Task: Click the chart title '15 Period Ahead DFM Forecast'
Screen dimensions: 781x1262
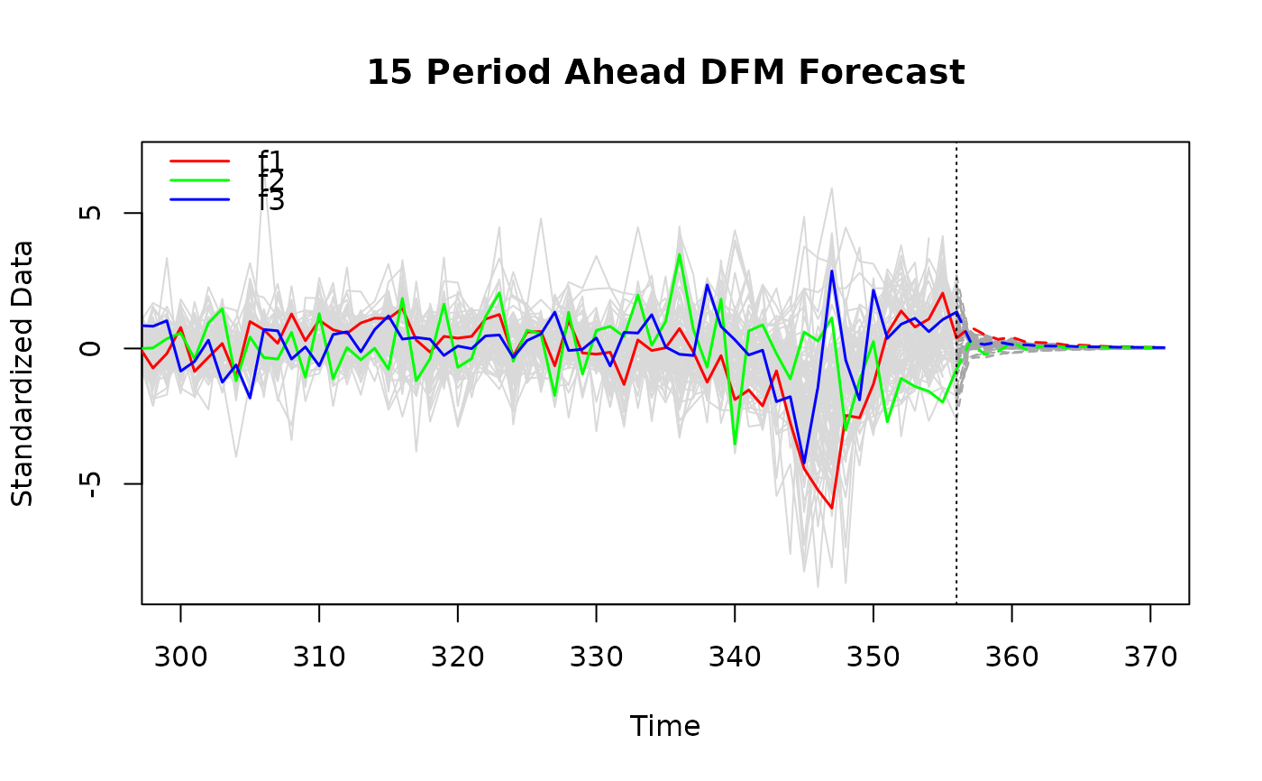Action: (665, 73)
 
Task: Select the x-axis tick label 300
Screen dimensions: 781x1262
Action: (180, 657)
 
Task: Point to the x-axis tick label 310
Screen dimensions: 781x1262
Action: (319, 657)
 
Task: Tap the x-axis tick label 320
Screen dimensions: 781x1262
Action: (458, 657)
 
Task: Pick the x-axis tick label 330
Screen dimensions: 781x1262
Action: (596, 657)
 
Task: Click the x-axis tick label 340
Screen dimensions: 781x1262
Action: (735, 657)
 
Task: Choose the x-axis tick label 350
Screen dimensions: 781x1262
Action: (873, 657)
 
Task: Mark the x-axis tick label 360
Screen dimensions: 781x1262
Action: (1011, 657)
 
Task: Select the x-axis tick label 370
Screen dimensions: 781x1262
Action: (1150, 657)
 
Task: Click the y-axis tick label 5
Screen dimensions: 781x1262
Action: (90, 213)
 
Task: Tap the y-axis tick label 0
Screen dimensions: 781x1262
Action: (90, 348)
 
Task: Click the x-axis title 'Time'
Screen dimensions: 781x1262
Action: (665, 727)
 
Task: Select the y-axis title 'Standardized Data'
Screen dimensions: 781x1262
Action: (23, 372)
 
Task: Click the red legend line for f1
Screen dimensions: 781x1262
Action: (200, 161)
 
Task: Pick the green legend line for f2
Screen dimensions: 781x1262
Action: (200, 179)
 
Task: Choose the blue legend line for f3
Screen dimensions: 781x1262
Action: (200, 198)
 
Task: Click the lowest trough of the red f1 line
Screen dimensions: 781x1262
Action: (832, 508)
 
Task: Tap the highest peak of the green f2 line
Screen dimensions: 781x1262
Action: (680, 254)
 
